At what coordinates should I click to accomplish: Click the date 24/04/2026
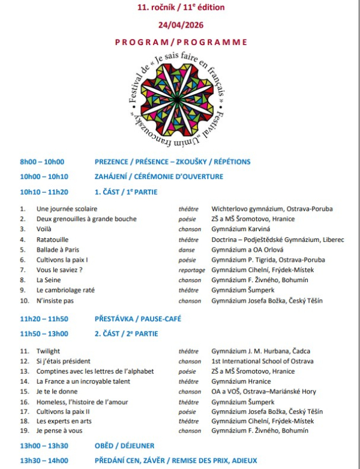(181, 26)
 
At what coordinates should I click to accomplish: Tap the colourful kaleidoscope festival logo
(180, 98)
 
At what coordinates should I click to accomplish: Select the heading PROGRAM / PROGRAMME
(181, 42)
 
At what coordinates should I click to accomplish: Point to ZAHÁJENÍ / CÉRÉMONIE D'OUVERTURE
(159, 177)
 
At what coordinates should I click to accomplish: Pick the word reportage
(191, 270)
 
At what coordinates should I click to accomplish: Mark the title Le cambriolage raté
(65, 291)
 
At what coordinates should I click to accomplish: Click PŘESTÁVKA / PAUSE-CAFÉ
(137, 319)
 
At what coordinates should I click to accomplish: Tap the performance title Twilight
(48, 351)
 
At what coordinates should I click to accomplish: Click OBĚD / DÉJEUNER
(124, 446)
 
